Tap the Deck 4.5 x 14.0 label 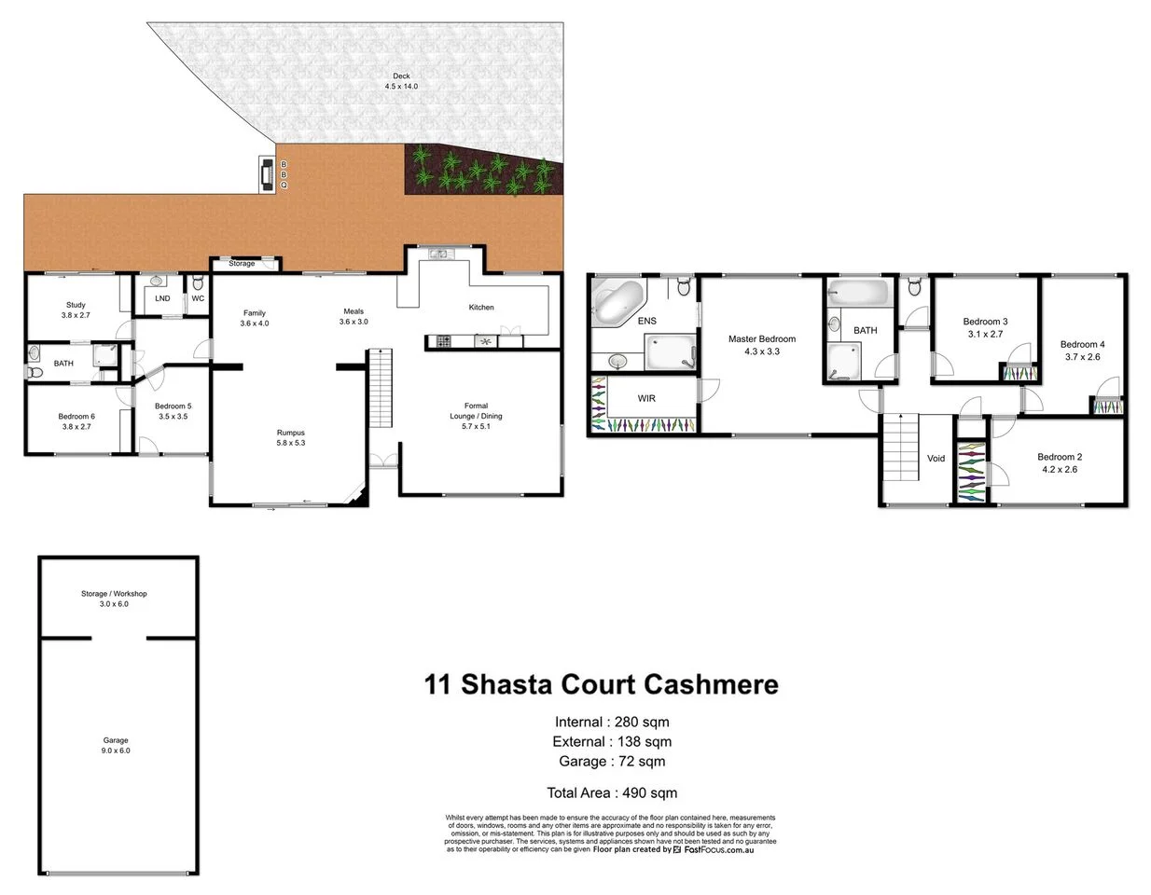(x=401, y=81)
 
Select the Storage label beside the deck (x=242, y=264)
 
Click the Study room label (x=76, y=310)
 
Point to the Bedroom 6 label (x=76, y=421)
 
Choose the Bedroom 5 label (x=173, y=411)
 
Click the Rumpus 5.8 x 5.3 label (x=290, y=438)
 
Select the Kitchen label (x=481, y=307)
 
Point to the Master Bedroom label (x=762, y=345)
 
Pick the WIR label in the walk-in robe (x=646, y=398)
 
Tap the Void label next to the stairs (x=936, y=458)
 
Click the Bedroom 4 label (x=1082, y=351)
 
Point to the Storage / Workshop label (x=114, y=599)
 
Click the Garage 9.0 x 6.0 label (x=116, y=745)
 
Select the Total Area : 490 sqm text (x=612, y=793)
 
